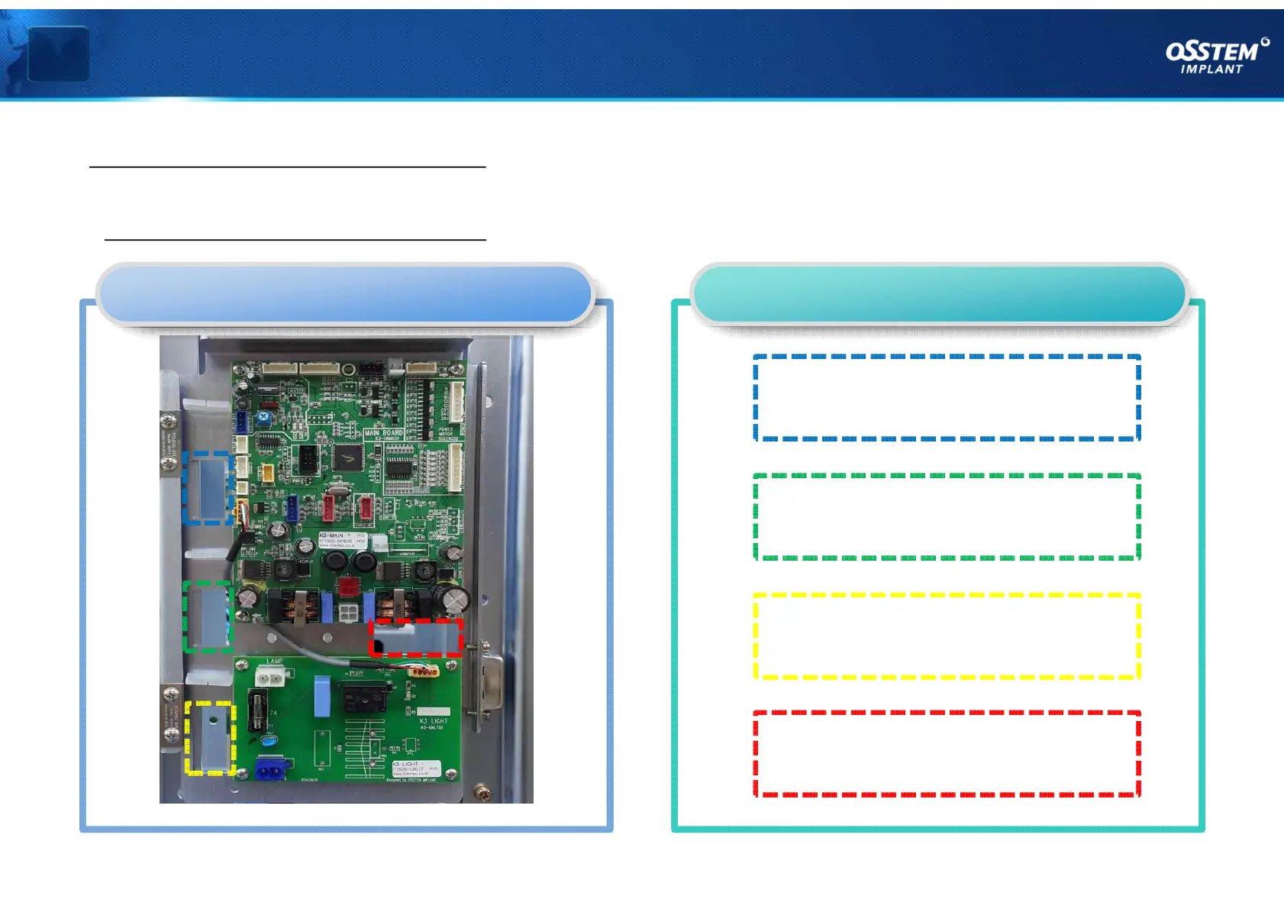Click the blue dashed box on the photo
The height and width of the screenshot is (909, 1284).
click(208, 487)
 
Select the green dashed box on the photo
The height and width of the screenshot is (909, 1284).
click(208, 616)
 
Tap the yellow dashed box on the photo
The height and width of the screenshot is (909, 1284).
click(210, 738)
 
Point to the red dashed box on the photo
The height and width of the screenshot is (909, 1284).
click(416, 637)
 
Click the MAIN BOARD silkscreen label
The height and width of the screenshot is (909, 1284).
click(383, 433)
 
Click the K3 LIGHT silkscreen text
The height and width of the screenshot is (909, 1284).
click(434, 720)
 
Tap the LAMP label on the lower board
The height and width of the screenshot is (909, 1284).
click(274, 662)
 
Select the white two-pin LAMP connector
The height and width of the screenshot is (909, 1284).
click(269, 678)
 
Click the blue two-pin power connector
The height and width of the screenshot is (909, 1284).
click(271, 768)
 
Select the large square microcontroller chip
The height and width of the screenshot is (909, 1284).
click(348, 458)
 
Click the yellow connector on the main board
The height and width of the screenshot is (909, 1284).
click(267, 474)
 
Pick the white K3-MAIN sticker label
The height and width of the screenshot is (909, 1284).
click(342, 540)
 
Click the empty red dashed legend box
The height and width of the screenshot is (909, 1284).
click(947, 754)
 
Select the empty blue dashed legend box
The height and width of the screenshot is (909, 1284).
click(947, 398)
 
